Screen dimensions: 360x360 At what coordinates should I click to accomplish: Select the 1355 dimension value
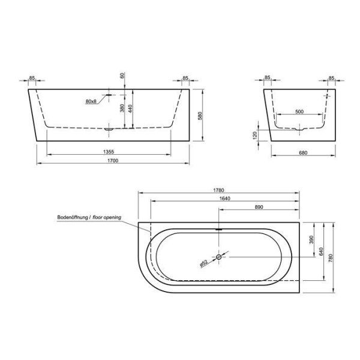tap(109, 152)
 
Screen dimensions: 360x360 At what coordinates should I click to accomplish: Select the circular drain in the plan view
tap(218, 256)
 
